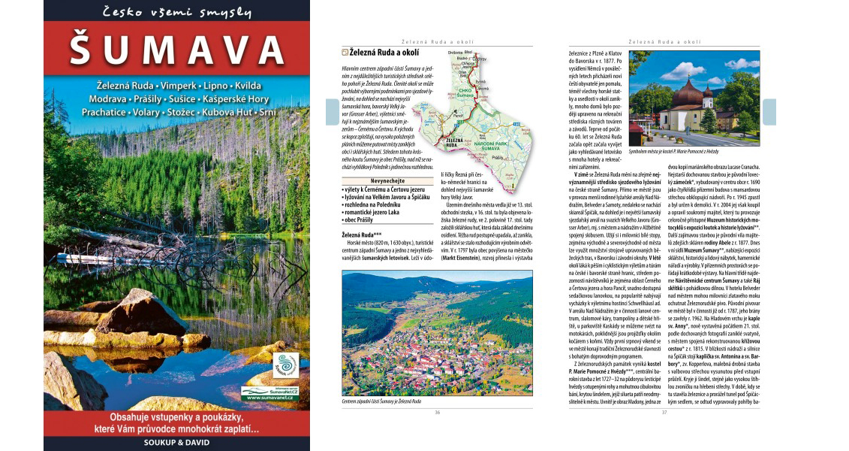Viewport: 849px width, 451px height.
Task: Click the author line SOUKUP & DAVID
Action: [x=176, y=443]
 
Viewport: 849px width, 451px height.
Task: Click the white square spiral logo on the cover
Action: [x=285, y=366]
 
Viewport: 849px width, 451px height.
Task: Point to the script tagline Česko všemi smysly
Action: [x=176, y=11]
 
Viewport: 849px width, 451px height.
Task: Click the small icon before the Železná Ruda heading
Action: [x=345, y=53]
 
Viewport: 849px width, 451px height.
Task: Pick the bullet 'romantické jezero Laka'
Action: [x=372, y=211]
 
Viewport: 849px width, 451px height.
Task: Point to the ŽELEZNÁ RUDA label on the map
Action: [x=456, y=141]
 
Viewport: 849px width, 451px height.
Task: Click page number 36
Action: [x=438, y=412]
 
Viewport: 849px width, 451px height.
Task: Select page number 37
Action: [x=664, y=412]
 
